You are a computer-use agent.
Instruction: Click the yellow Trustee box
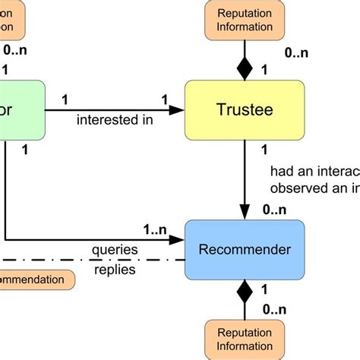coord(245,110)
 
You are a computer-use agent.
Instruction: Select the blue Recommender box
coord(245,249)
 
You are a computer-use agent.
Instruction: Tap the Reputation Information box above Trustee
coord(245,20)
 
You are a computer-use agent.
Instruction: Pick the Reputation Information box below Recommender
coord(245,339)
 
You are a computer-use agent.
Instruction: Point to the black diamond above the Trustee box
coord(245,68)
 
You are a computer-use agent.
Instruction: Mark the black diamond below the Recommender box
coord(245,291)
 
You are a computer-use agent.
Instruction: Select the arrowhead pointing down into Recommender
coord(245,212)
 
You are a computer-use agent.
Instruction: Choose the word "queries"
coord(114,250)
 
